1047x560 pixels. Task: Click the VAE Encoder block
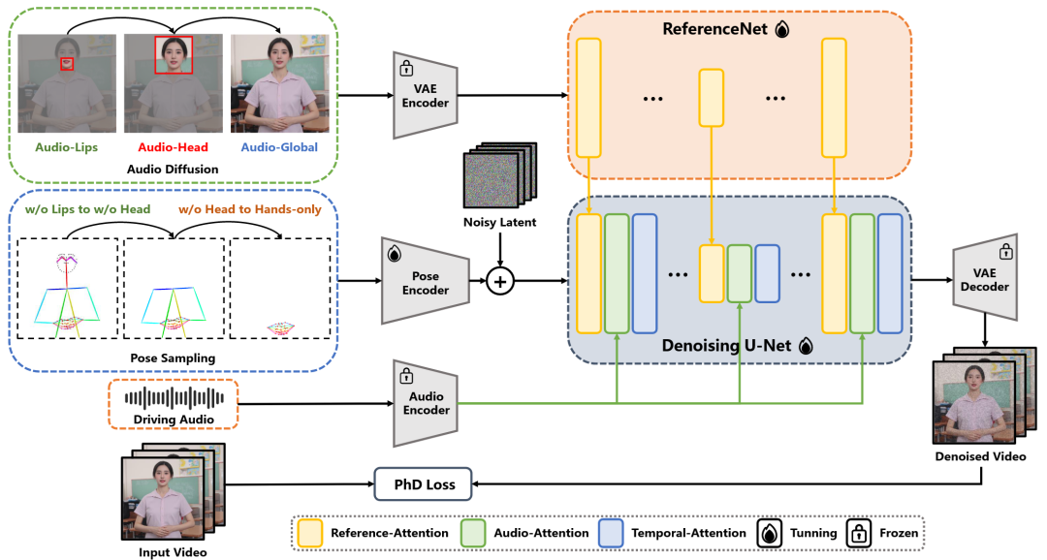426,96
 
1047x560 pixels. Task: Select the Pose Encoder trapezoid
426,281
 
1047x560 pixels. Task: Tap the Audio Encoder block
426,403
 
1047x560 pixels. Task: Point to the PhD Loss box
424,483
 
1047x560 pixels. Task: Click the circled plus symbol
499,281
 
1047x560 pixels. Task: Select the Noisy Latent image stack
500,174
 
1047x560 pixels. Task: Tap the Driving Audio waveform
174,398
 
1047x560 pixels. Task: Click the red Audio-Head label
173,147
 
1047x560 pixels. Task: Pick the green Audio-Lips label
66,147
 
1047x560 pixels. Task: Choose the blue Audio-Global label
279,147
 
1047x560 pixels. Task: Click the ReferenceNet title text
714,29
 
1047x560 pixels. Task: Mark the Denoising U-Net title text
726,346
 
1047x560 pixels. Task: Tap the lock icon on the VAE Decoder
1005,252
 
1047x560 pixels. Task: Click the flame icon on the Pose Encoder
394,254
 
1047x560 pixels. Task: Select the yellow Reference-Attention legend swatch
310,533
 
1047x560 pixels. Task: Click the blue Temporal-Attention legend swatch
612,533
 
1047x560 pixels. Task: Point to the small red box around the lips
67,63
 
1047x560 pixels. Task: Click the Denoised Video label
980,456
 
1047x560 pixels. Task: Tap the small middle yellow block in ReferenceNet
712,98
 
